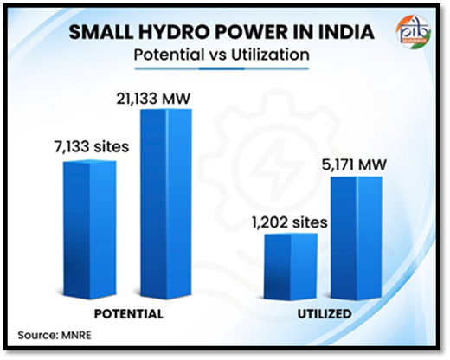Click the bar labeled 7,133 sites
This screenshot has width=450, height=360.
91,227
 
